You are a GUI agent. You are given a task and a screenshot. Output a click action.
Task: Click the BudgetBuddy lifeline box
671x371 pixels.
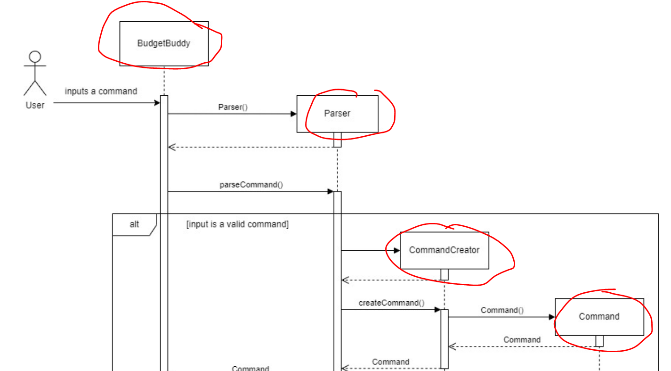click(x=164, y=43)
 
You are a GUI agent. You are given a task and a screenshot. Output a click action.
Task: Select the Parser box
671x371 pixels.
click(x=337, y=114)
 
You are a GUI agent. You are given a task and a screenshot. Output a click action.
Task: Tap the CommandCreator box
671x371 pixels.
click(x=444, y=250)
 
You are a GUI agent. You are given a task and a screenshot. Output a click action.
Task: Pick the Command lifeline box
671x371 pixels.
click(x=599, y=317)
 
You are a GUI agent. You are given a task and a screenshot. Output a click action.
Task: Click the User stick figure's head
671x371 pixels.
click(x=35, y=58)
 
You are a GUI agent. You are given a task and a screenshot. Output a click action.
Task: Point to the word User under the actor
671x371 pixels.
click(x=35, y=105)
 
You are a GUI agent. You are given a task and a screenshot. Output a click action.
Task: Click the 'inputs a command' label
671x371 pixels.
click(x=101, y=91)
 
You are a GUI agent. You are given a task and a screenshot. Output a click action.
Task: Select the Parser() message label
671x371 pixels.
click(x=233, y=107)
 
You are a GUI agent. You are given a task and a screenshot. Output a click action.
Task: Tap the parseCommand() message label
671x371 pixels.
click(x=251, y=184)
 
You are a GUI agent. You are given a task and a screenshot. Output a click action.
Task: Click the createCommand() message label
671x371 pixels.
click(x=391, y=303)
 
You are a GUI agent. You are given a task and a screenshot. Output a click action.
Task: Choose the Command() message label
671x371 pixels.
click(x=502, y=310)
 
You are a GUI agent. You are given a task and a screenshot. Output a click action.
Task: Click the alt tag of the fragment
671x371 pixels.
click(x=134, y=224)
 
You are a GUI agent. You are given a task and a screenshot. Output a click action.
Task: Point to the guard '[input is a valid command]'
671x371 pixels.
click(x=237, y=224)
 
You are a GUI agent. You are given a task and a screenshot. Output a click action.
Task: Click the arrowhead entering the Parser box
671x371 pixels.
click(x=294, y=114)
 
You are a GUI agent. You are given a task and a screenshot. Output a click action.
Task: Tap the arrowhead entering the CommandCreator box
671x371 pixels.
click(x=397, y=251)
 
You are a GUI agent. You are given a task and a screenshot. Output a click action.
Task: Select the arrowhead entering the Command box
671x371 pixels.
click(x=552, y=317)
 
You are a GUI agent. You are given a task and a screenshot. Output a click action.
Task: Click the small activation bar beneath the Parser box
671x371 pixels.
click(x=337, y=140)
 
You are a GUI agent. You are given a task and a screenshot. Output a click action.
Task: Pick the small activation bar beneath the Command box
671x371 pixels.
click(x=599, y=341)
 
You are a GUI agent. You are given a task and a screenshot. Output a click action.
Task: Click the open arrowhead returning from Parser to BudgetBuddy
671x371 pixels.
click(x=171, y=147)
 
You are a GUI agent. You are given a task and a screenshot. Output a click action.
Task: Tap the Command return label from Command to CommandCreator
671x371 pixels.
click(x=522, y=340)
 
